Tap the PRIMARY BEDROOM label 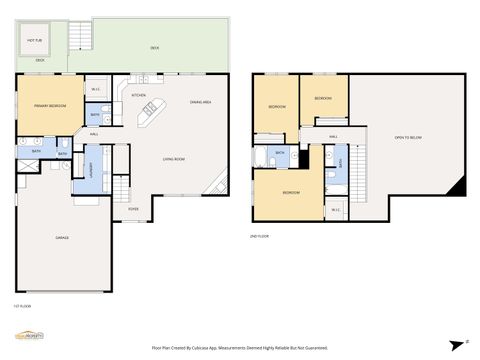click(49, 105)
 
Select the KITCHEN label click(139, 95)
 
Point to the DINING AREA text click(200, 116)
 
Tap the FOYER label click(133, 209)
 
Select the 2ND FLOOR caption click(259, 237)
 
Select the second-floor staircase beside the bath click(353, 155)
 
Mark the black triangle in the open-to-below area click(460, 186)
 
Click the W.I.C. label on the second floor click(336, 209)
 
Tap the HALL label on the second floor click(333, 136)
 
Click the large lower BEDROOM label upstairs click(290, 191)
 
